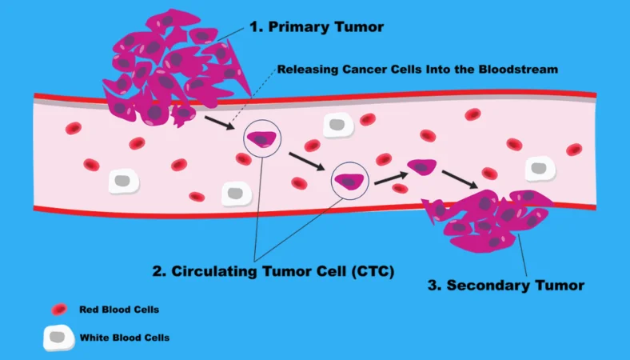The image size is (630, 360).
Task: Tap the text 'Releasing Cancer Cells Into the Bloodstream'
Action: (x=417, y=70)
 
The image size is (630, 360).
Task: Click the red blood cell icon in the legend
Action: (x=59, y=310)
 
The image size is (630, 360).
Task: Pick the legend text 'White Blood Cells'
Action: (x=124, y=338)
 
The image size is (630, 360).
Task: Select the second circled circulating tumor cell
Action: (x=349, y=181)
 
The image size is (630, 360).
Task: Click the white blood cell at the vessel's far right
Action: (x=540, y=168)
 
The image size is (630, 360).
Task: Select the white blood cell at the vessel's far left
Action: (x=123, y=180)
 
